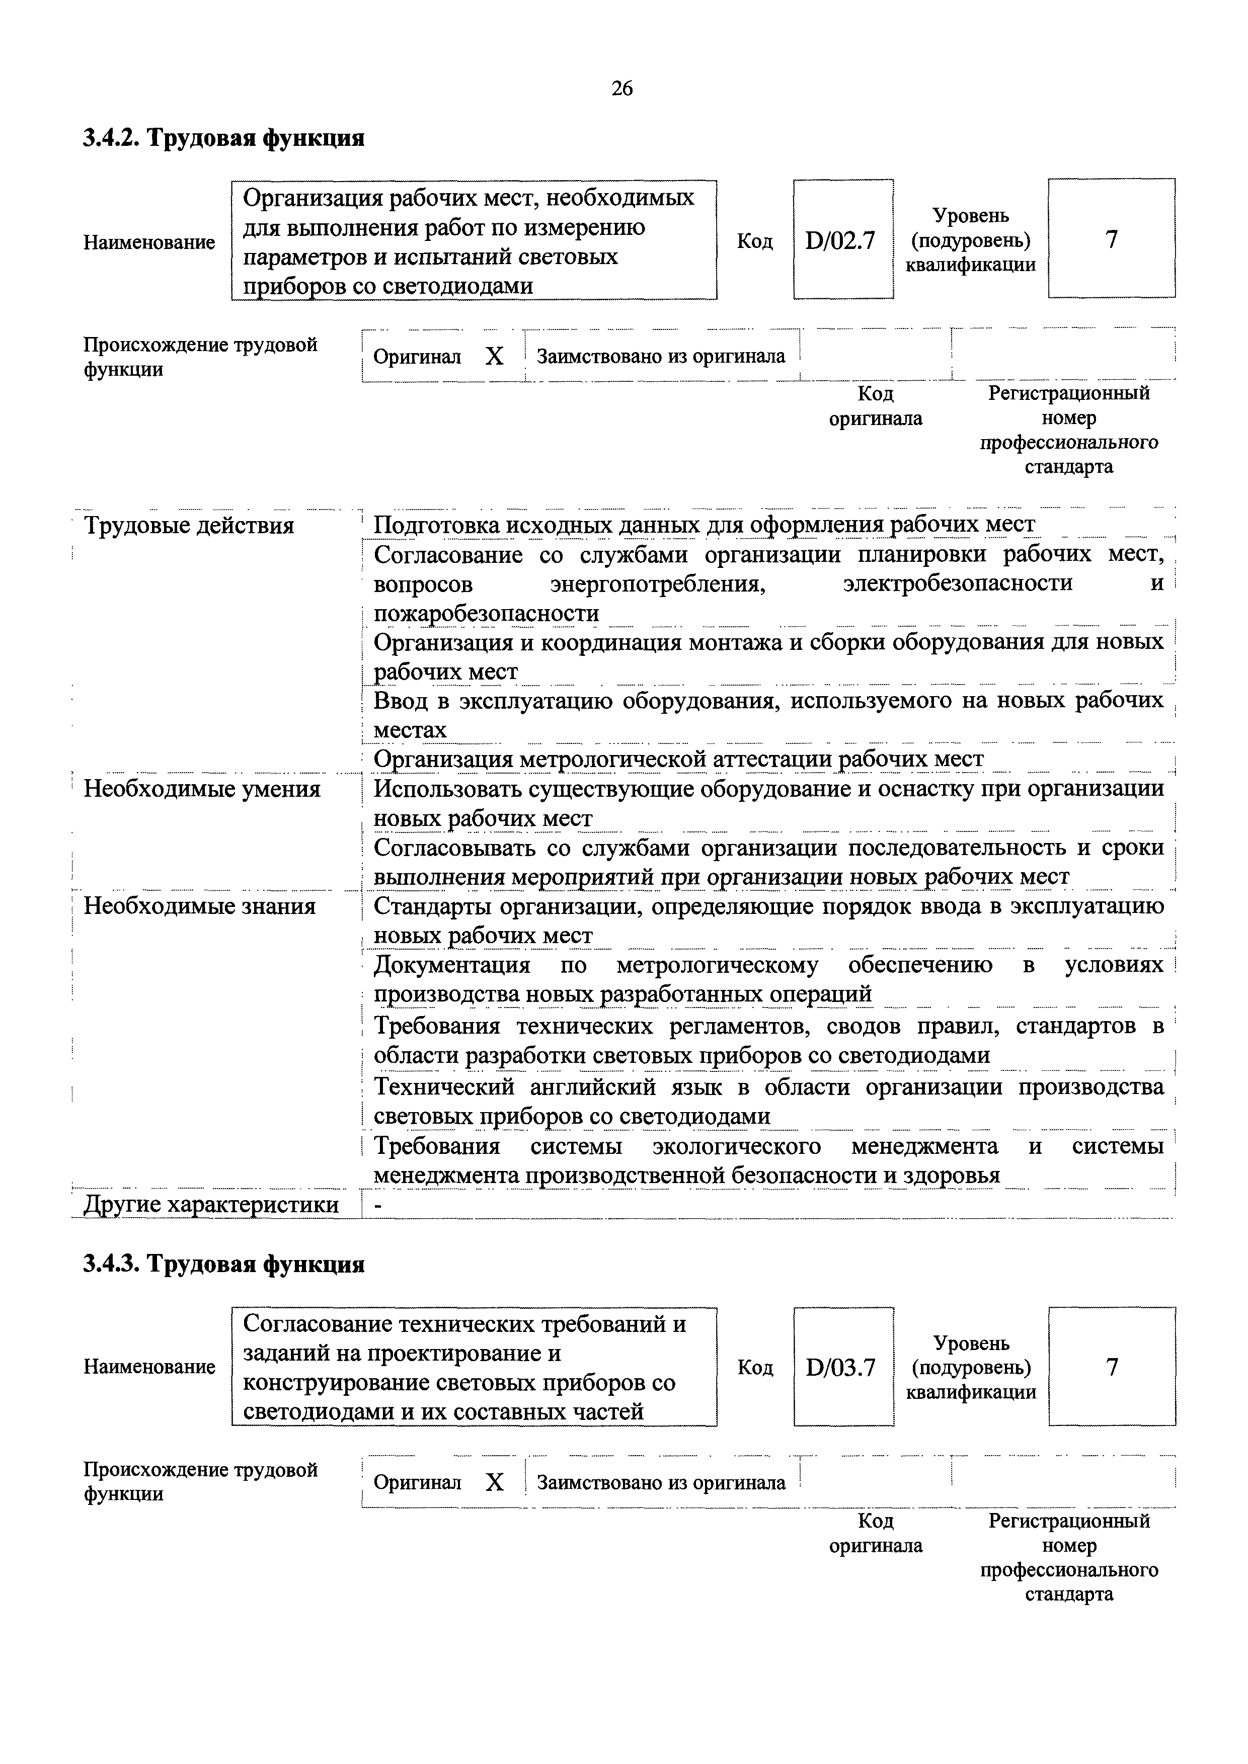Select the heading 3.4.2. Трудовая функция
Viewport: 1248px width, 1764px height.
pos(223,138)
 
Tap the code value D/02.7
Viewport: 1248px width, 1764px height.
pos(841,241)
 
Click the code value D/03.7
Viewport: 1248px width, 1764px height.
pos(841,1368)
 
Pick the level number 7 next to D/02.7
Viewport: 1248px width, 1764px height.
pos(1111,240)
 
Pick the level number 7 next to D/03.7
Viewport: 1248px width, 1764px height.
pos(1111,1367)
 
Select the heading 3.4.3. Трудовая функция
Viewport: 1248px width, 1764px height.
pos(223,1264)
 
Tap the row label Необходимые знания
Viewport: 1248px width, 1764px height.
pos(200,906)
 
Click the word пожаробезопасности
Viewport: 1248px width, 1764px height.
pos(486,614)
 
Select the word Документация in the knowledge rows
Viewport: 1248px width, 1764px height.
pos(452,965)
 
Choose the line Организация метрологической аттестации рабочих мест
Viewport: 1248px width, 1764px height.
pos(678,759)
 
